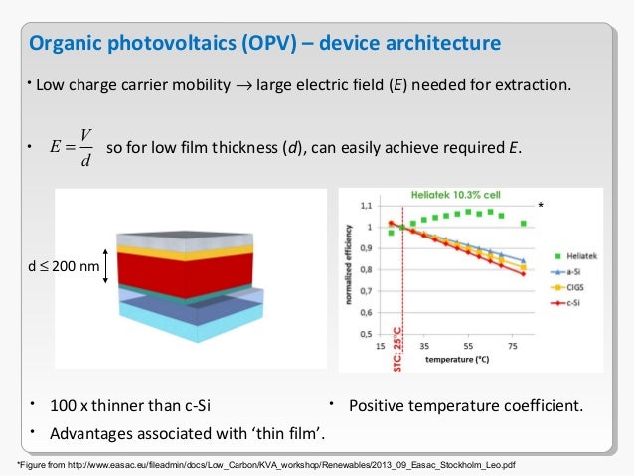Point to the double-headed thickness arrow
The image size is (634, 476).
pos(107,267)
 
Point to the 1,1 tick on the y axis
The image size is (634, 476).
pos(367,205)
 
